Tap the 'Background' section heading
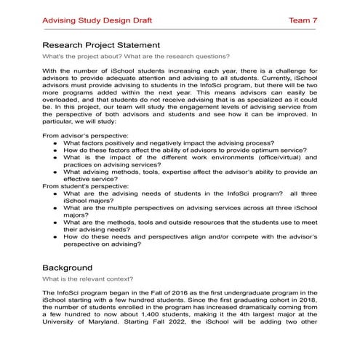click(x=67, y=267)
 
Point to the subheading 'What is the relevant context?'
click(x=87, y=279)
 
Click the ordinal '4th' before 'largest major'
click(x=243, y=322)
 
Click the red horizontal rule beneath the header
click(x=180, y=31)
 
